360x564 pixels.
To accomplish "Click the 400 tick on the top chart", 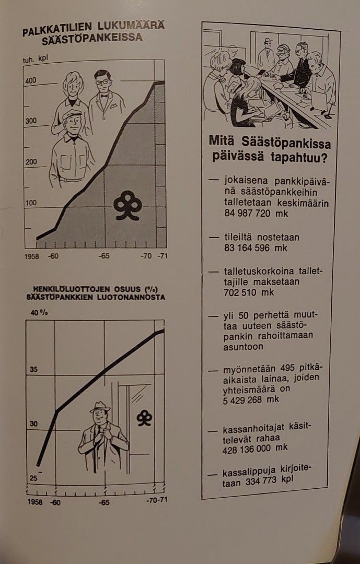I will pyautogui.click(x=31, y=81).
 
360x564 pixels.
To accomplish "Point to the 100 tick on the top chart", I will pyautogui.click(x=31, y=203).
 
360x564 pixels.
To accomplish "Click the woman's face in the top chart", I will pyautogui.click(x=72, y=85).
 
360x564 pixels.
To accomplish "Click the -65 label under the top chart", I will pyautogui.click(x=104, y=256).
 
